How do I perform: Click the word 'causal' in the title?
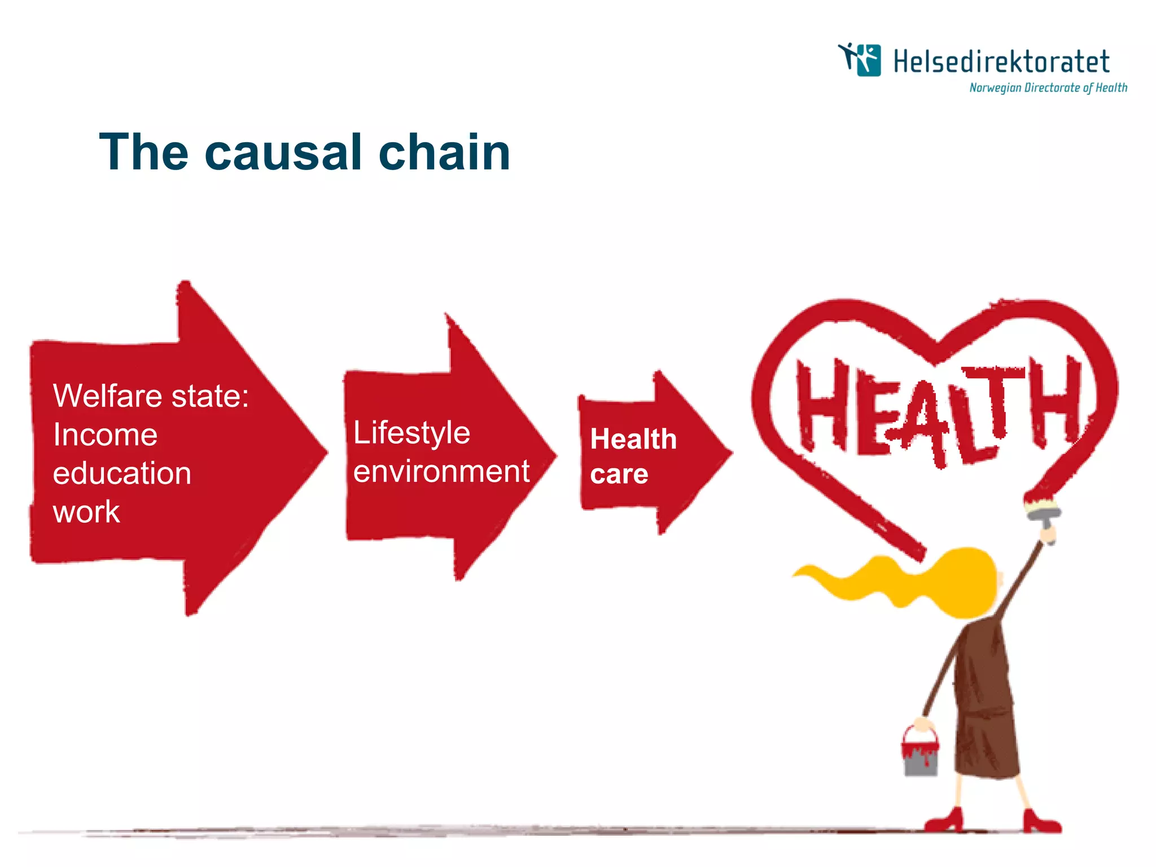pos(282,152)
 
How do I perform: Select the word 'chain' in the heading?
pos(444,152)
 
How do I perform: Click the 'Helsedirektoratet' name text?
pos(1001,62)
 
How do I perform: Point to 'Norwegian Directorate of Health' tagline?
pos(1048,87)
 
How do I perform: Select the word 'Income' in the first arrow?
pos(105,435)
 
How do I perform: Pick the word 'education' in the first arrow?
pos(122,473)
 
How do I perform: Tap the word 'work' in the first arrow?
pos(86,512)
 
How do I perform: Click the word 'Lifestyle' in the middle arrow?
pos(411,433)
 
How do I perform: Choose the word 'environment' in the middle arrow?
pos(441,471)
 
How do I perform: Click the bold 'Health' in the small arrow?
pos(633,439)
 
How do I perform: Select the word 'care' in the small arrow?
pos(619,474)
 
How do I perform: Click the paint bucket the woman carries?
pos(920,754)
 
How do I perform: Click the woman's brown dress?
pos(985,706)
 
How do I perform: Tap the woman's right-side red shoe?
pos(1041,824)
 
